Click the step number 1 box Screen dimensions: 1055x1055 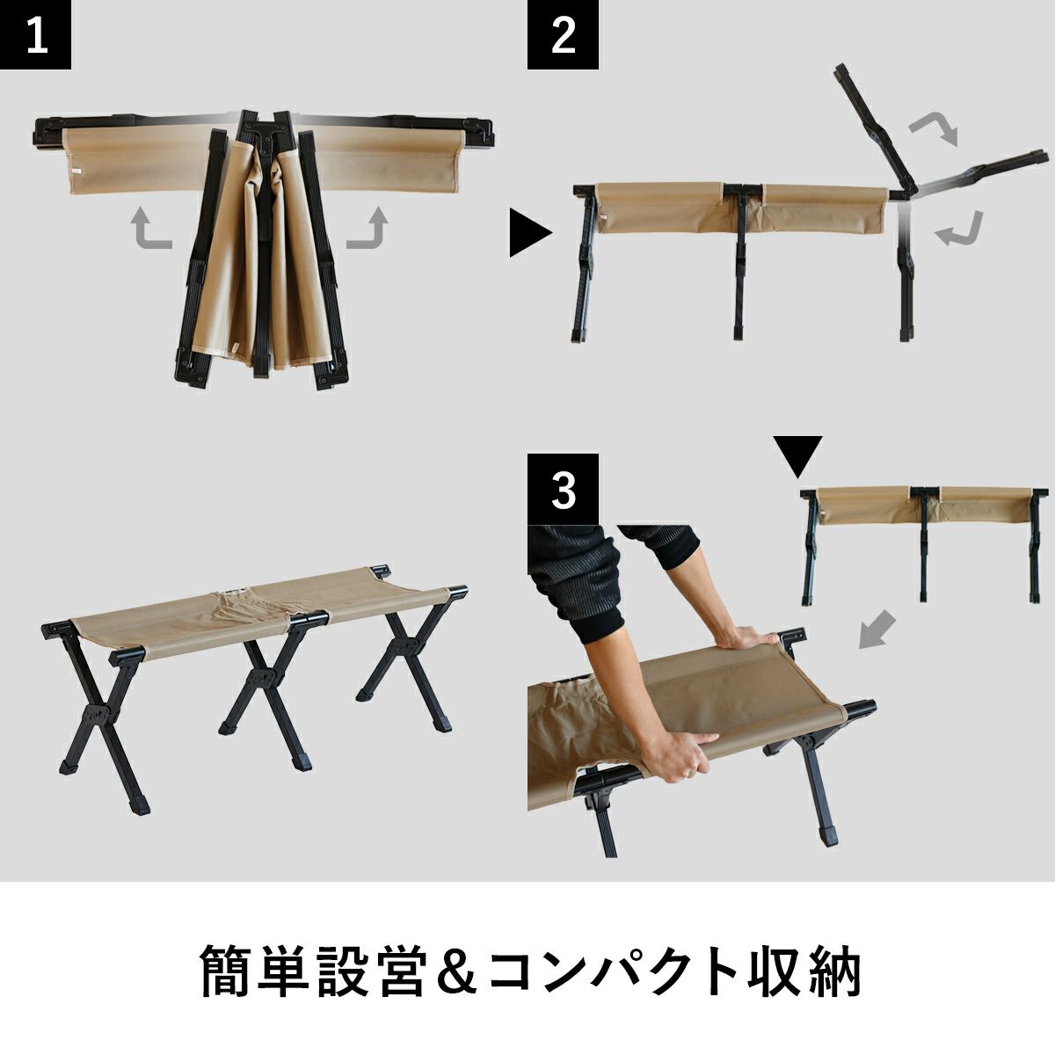(35, 34)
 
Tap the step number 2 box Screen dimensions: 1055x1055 (563, 34)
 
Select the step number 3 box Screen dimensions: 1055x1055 (563, 489)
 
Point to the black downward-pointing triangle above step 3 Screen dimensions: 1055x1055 (797, 456)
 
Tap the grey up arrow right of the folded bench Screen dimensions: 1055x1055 (367, 228)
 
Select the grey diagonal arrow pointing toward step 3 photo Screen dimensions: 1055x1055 (877, 630)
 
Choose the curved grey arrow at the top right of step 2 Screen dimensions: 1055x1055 (935, 129)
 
